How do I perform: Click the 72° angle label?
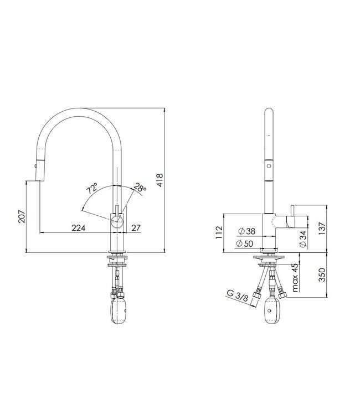tap(92, 189)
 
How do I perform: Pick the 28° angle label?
tap(140, 189)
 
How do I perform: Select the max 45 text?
tap(295, 277)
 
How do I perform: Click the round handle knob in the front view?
tap(117, 222)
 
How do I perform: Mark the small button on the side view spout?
tap(269, 165)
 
